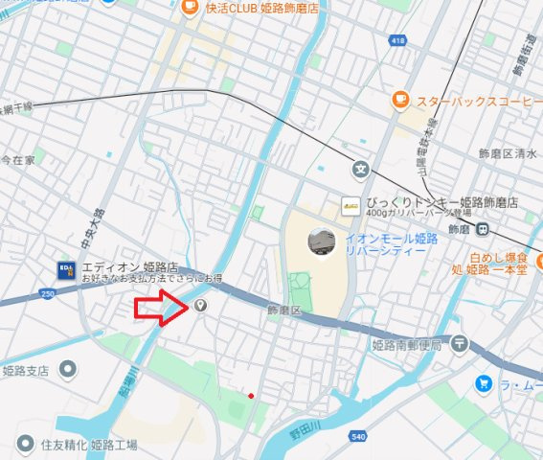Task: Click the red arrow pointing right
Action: coord(161,308)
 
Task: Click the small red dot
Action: coord(251,394)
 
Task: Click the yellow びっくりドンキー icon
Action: coord(352,203)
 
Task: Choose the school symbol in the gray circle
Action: coord(359,170)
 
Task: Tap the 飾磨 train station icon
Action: coord(486,228)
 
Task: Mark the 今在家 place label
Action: coord(17,159)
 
